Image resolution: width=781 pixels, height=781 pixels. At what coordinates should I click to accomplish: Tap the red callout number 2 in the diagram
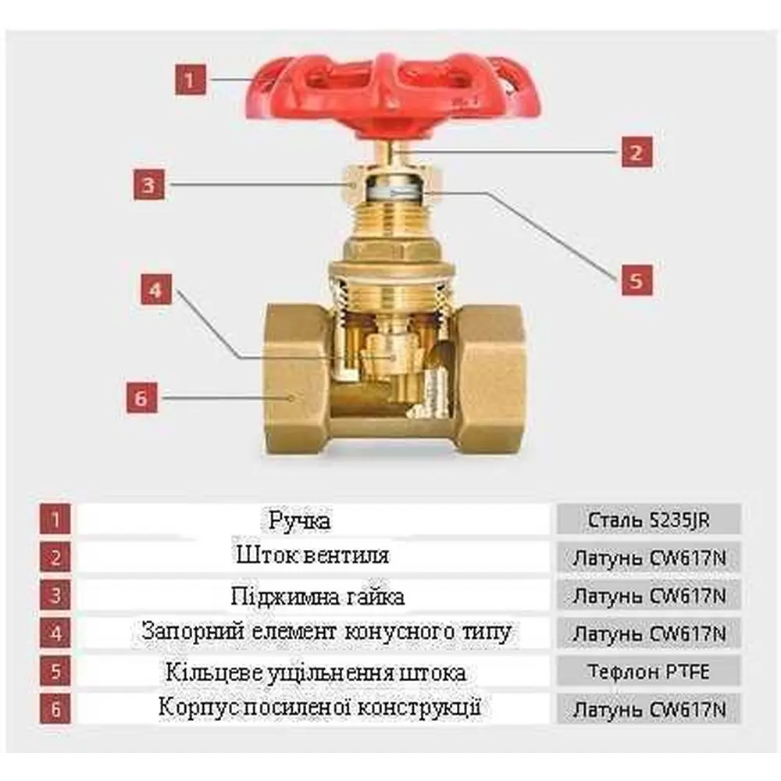(x=637, y=152)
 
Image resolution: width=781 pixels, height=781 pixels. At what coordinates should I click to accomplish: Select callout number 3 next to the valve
(x=149, y=185)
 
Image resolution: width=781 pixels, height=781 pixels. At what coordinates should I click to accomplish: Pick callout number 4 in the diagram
(x=156, y=289)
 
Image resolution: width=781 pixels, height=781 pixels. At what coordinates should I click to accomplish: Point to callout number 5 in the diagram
(x=637, y=280)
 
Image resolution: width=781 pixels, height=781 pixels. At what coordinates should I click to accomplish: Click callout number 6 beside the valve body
(x=142, y=398)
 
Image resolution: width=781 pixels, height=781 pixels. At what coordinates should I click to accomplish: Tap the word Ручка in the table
(x=299, y=521)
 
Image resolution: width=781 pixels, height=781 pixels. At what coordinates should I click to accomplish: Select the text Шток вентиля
(x=313, y=555)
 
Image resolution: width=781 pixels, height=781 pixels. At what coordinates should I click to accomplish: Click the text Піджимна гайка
(x=318, y=596)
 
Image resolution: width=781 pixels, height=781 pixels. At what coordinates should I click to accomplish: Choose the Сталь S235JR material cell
(x=648, y=520)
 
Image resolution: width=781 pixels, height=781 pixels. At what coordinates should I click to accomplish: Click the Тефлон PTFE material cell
(x=648, y=672)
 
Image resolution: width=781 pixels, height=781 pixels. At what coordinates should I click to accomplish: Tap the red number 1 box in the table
(x=55, y=520)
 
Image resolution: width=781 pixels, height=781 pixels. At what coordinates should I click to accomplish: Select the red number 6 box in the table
(x=55, y=709)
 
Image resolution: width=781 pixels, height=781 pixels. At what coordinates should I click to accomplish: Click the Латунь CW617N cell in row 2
(x=648, y=558)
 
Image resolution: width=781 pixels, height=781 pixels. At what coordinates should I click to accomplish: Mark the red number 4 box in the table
(x=55, y=633)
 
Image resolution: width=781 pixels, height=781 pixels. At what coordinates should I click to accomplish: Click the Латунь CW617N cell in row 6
(x=648, y=709)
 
